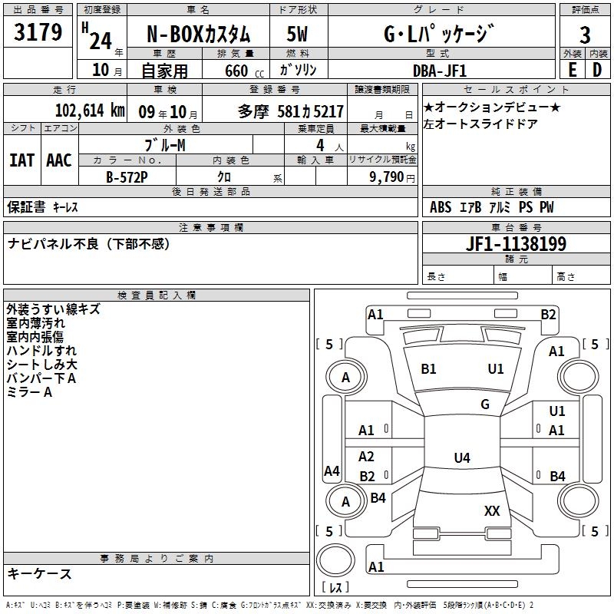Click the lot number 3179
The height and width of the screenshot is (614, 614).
[38, 32]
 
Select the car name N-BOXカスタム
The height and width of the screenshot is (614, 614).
[198, 34]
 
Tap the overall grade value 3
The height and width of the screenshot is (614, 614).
[585, 35]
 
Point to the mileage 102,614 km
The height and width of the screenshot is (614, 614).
[90, 111]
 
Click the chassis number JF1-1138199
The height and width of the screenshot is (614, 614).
[516, 244]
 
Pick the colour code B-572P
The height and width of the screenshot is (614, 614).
[127, 177]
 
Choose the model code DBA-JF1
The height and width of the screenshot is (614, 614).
[440, 71]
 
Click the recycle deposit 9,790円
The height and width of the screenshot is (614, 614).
[392, 177]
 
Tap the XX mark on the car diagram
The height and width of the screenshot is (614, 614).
[492, 510]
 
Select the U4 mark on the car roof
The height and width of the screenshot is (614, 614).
[462, 457]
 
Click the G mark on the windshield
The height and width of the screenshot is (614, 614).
[485, 404]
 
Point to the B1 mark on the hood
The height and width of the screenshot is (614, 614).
[428, 369]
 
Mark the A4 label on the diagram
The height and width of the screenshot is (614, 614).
[332, 470]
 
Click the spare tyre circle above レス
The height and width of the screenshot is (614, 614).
[335, 560]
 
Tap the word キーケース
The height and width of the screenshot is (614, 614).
[40, 573]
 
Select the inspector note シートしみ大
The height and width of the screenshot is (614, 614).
[42, 365]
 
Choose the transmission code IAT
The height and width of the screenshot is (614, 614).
[22, 160]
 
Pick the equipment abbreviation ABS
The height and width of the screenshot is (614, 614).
[441, 207]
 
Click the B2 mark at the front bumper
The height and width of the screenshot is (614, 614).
[548, 315]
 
